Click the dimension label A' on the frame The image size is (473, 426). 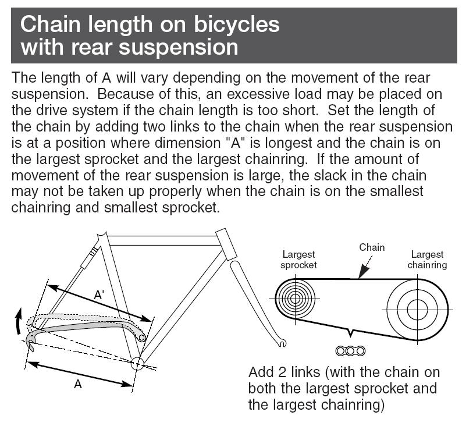[101, 296]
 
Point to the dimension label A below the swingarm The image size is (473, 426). [78, 385]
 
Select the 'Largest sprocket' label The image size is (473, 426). [298, 260]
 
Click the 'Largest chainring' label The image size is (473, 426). [427, 260]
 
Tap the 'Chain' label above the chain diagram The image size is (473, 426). [372, 247]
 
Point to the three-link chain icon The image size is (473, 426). [350, 350]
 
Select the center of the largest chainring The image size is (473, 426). [417, 309]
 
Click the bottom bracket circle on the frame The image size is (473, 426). [136, 364]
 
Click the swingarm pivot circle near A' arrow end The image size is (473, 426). [142, 336]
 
